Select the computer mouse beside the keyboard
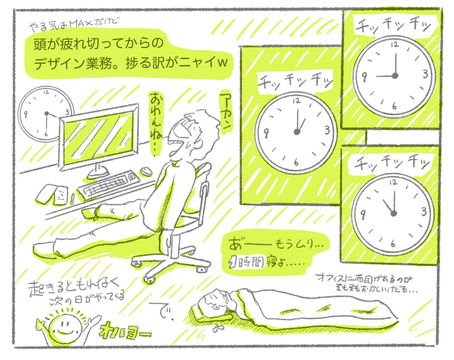(146, 171)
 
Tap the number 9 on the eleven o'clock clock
(363, 214)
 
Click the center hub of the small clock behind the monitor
(47, 113)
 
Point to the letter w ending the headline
(222, 62)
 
